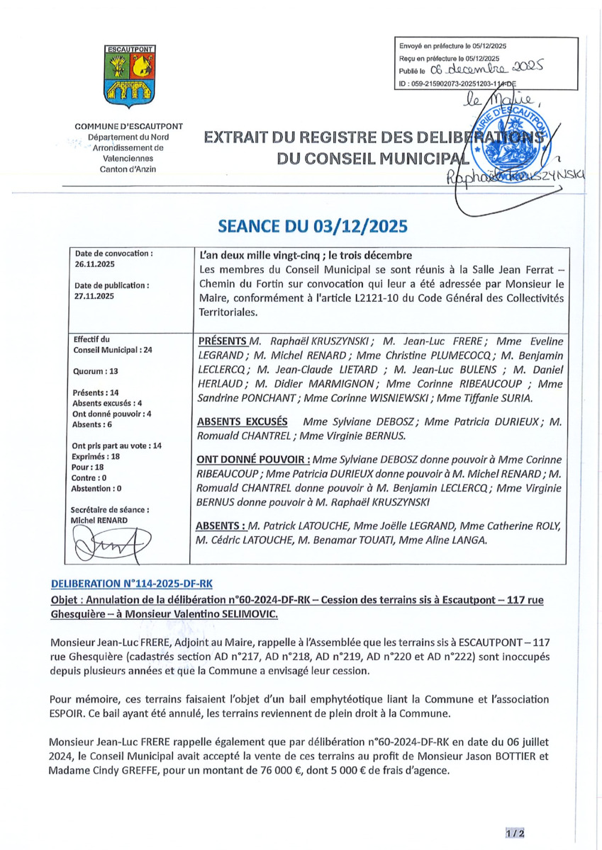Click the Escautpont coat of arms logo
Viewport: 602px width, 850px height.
(x=129, y=73)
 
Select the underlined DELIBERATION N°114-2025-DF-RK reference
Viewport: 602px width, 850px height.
(x=131, y=584)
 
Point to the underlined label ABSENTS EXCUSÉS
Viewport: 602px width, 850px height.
(x=241, y=421)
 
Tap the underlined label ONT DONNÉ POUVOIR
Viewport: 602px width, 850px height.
(x=252, y=459)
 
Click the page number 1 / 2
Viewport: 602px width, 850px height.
(x=515, y=834)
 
